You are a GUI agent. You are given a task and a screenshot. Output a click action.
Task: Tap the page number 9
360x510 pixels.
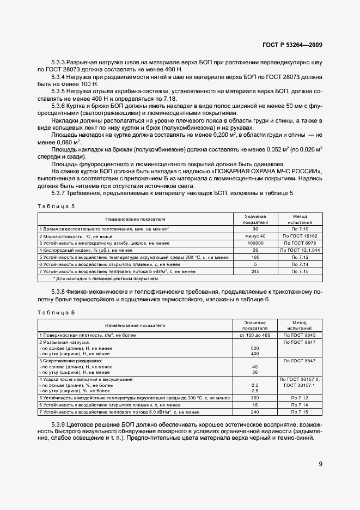320,464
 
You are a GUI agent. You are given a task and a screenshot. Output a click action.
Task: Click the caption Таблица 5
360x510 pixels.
56,206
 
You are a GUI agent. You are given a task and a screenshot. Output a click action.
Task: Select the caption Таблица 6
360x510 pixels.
56,312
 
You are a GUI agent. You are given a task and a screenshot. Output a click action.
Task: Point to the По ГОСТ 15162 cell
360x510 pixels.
295,235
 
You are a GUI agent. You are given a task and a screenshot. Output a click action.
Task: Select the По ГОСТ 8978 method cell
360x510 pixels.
295,242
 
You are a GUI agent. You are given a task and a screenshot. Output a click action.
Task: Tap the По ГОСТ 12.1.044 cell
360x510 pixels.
295,250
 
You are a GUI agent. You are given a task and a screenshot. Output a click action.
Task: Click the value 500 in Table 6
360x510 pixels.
254,348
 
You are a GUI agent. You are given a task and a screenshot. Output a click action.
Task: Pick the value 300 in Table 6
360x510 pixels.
254,398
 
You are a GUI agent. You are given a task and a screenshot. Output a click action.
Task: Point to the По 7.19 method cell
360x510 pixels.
295,229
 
